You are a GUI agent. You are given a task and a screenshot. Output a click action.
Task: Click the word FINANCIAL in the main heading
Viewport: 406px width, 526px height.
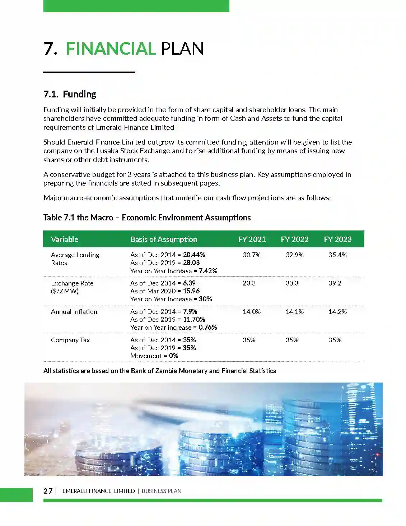tap(111, 49)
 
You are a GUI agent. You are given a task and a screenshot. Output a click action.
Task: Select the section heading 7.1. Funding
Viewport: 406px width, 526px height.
tap(70, 94)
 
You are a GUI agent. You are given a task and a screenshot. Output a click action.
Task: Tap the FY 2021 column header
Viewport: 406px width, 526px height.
tap(252, 239)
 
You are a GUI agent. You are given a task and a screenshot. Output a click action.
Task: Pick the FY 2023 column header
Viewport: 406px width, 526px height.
tap(337, 239)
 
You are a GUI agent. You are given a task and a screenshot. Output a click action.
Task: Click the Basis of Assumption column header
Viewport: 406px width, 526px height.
tap(164, 239)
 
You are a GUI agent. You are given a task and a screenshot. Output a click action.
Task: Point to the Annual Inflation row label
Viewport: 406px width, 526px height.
tap(74, 312)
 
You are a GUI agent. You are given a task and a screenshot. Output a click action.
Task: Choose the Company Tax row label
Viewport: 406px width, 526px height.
tap(70, 340)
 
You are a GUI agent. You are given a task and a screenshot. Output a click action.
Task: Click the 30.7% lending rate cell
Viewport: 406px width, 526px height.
tap(252, 255)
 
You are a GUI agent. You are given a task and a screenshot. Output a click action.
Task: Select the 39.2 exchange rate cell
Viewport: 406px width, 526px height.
tap(335, 283)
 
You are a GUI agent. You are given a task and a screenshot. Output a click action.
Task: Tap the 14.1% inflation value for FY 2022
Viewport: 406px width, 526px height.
tap(294, 312)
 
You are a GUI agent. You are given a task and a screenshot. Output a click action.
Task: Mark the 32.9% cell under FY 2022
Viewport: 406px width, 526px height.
tap(294, 255)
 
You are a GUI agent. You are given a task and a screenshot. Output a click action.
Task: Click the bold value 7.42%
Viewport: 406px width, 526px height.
tap(208, 271)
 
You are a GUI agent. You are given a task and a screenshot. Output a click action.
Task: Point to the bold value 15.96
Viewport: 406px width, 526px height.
tap(191, 291)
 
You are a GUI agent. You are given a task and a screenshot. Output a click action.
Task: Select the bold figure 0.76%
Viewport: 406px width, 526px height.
tap(208, 328)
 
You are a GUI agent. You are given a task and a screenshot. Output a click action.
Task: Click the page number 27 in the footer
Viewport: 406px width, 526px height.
tap(48, 491)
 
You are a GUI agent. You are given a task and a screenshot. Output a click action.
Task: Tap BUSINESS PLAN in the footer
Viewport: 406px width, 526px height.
tap(161, 491)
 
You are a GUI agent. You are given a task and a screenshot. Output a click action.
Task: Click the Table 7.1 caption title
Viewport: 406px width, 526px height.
tap(147, 218)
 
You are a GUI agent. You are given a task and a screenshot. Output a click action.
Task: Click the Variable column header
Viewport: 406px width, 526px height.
tap(65, 239)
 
